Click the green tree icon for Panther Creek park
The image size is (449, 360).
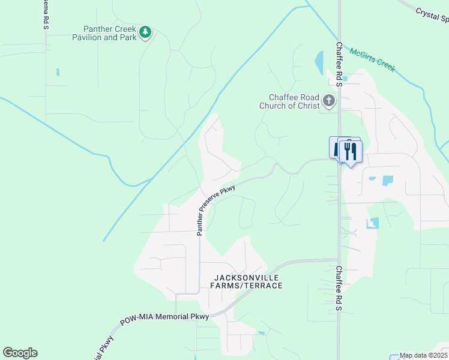(145, 32)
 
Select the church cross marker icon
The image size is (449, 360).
(328, 101)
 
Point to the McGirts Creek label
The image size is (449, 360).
(372, 60)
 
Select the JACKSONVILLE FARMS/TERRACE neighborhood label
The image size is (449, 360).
(246, 281)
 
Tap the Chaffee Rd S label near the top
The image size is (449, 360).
(339, 64)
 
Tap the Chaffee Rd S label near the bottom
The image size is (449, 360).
(339, 288)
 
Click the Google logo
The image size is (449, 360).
(20, 353)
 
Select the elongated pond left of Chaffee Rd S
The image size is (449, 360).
(319, 62)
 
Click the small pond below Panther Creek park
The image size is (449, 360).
(58, 73)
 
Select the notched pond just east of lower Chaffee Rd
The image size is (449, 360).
(373, 223)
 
